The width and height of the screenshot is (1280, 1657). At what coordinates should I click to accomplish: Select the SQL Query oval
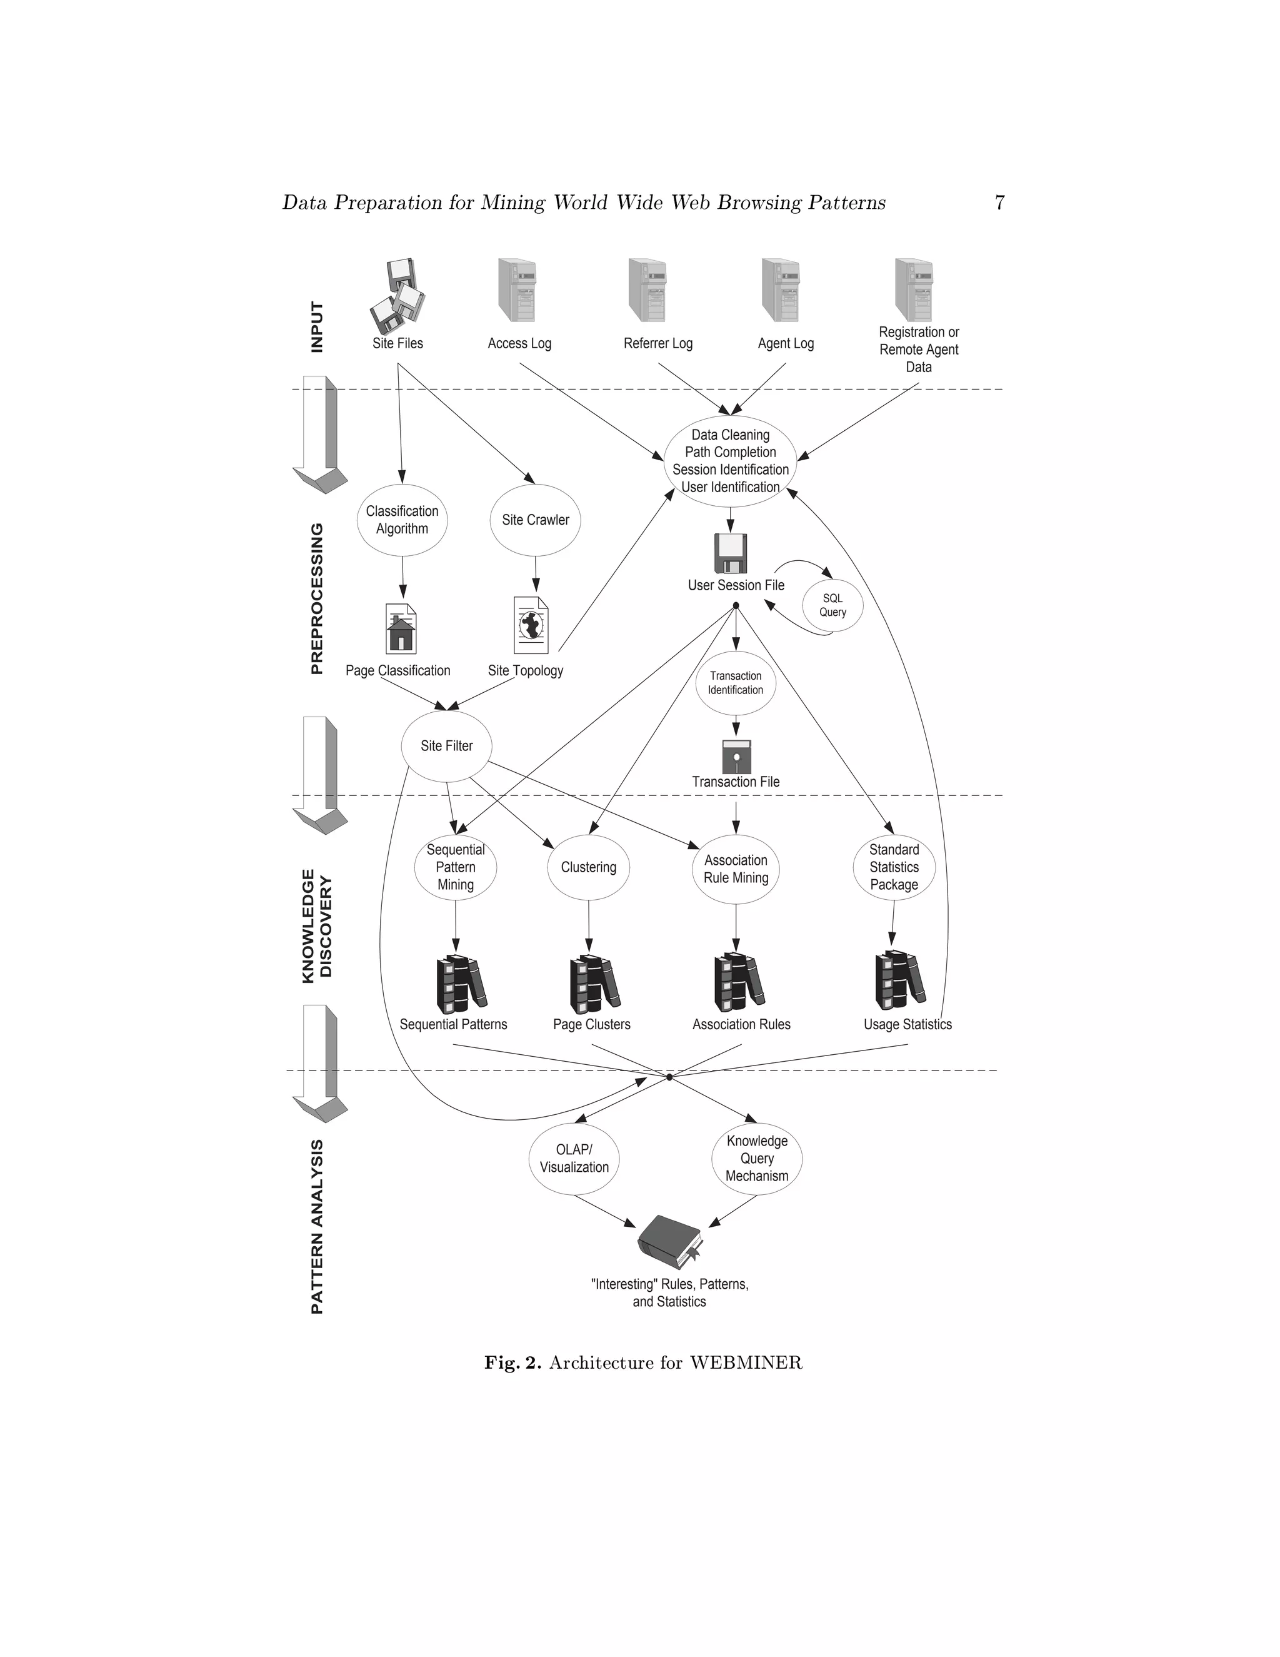[832, 605]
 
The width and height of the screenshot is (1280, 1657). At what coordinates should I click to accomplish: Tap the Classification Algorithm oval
[402, 520]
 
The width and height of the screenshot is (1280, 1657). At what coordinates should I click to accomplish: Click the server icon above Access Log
[517, 291]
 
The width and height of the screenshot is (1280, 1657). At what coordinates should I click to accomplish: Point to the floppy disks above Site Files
[397, 296]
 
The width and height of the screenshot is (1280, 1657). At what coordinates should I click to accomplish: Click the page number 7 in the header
[999, 203]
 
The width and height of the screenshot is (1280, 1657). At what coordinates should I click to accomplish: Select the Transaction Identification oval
[735, 682]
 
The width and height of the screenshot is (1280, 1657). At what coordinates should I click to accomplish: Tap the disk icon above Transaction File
[736, 756]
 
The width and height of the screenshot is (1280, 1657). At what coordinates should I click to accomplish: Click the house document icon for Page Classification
[401, 628]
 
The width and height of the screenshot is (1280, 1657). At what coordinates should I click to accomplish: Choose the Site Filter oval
[447, 746]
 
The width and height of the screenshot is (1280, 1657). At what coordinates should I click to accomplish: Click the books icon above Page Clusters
[594, 984]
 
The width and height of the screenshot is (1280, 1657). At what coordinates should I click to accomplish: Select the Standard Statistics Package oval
[893, 867]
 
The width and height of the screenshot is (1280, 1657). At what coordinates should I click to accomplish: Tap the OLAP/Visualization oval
[574, 1159]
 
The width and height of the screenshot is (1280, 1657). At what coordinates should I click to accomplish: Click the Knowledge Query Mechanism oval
[757, 1159]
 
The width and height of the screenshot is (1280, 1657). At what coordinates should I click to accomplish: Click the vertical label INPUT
[317, 327]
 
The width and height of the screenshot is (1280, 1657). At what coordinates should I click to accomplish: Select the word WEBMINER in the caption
[746, 1362]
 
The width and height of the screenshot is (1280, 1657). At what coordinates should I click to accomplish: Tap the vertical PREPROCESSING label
[317, 598]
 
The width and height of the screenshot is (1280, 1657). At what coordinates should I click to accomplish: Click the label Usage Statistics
[907, 1024]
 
